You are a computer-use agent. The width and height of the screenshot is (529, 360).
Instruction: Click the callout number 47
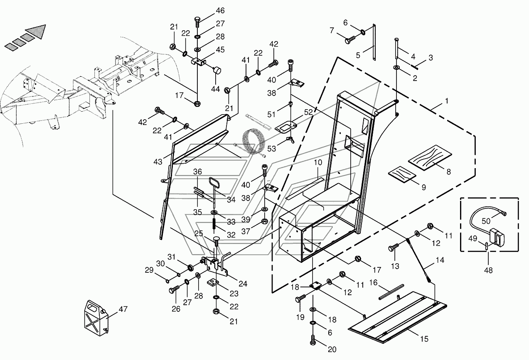click(x=123, y=309)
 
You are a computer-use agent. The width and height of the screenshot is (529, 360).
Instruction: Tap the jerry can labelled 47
click(x=96, y=318)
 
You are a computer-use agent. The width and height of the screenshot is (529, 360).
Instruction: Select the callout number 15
click(x=424, y=339)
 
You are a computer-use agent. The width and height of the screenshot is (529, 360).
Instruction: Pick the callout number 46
click(x=220, y=10)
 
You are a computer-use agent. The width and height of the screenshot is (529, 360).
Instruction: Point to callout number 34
click(x=231, y=200)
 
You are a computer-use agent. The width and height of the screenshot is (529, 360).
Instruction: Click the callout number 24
click(x=243, y=284)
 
